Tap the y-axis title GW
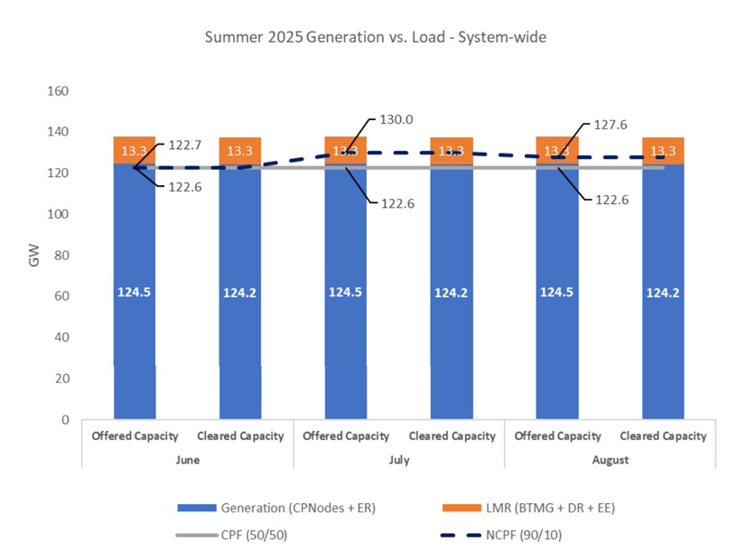pos(34,256)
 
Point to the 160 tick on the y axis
pos(59,91)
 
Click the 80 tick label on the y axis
pos(62,256)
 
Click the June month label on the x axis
pos(187,459)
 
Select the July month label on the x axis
pos(398,459)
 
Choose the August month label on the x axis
pos(610,459)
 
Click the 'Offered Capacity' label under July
pos(346,435)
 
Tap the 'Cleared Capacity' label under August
pos(663,435)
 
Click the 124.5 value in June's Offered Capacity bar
pos(135,292)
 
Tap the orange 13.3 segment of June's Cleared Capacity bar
pos(240,151)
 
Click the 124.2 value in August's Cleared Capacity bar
pos(663,292)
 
